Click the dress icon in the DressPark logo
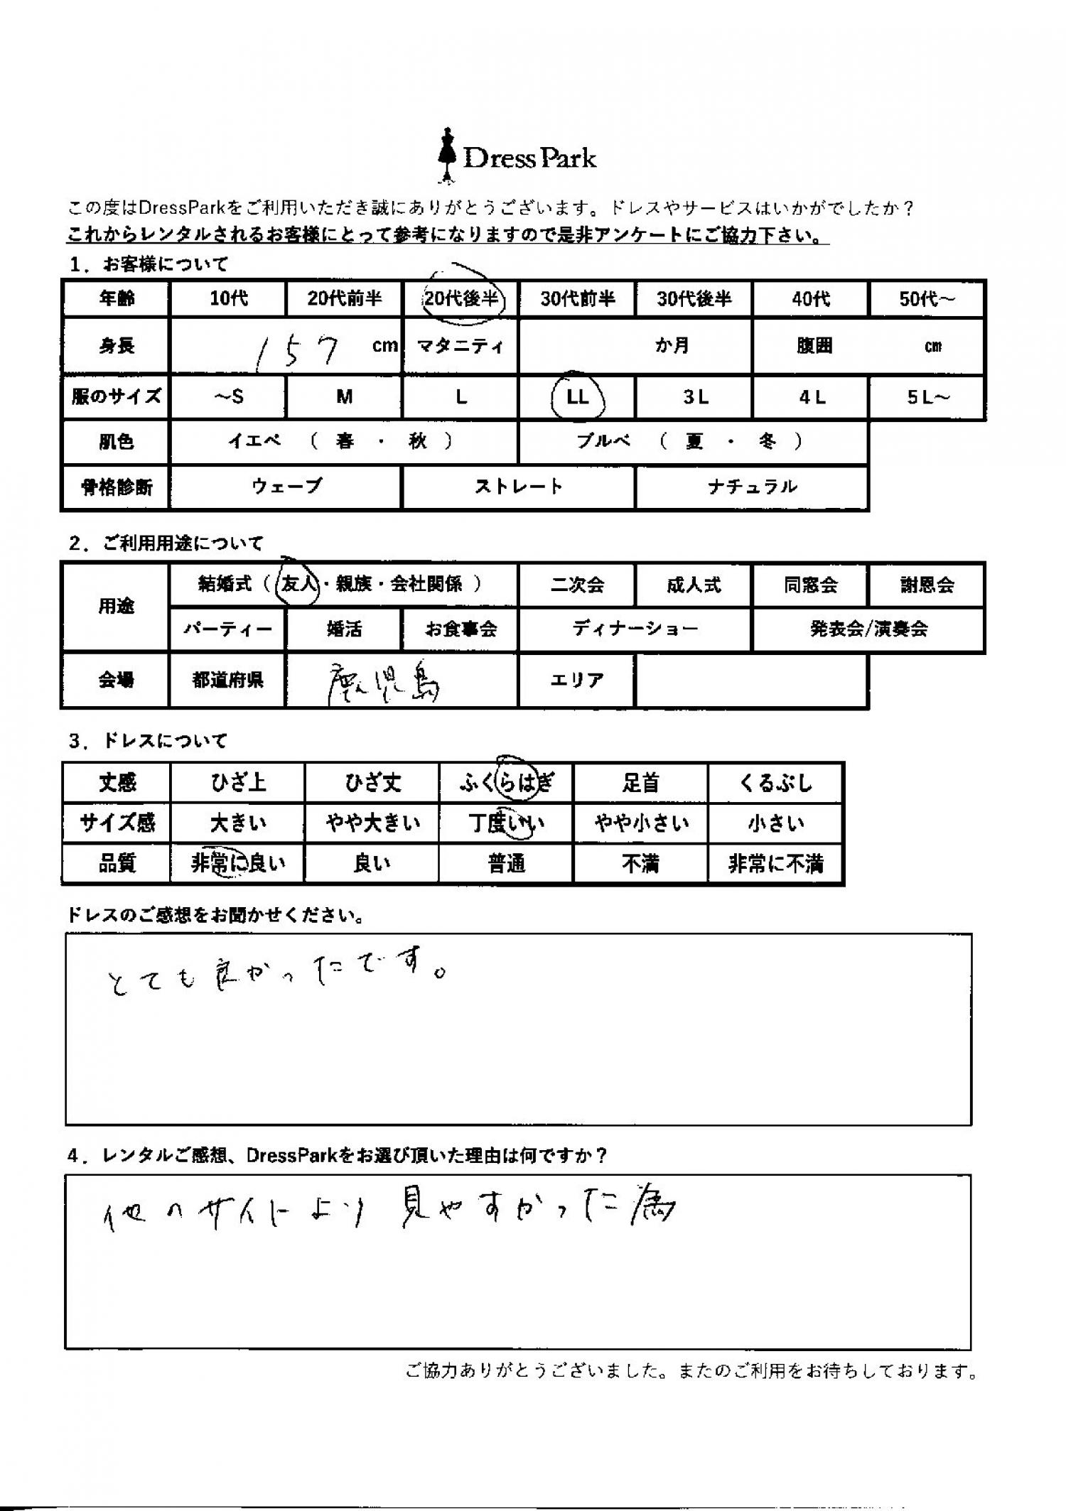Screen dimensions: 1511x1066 coord(446,156)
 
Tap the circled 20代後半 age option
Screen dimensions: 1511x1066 coord(461,298)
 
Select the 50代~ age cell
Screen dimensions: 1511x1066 coord(927,298)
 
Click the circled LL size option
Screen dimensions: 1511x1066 coord(578,396)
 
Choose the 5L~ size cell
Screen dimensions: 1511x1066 coord(927,396)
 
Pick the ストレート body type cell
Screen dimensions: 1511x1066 coord(518,487)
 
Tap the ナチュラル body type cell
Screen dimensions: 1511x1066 coord(752,487)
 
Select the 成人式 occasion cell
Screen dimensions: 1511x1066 coord(694,585)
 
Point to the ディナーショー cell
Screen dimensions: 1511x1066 coord(635,629)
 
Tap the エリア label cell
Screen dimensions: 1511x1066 coord(577,680)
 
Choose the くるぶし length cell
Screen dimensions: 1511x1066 coord(775,783)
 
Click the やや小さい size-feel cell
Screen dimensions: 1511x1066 coord(641,823)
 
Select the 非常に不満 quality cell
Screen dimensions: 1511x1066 coord(775,864)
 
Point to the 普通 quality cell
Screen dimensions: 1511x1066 coord(507,864)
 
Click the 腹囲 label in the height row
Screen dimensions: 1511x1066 coord(814,346)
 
